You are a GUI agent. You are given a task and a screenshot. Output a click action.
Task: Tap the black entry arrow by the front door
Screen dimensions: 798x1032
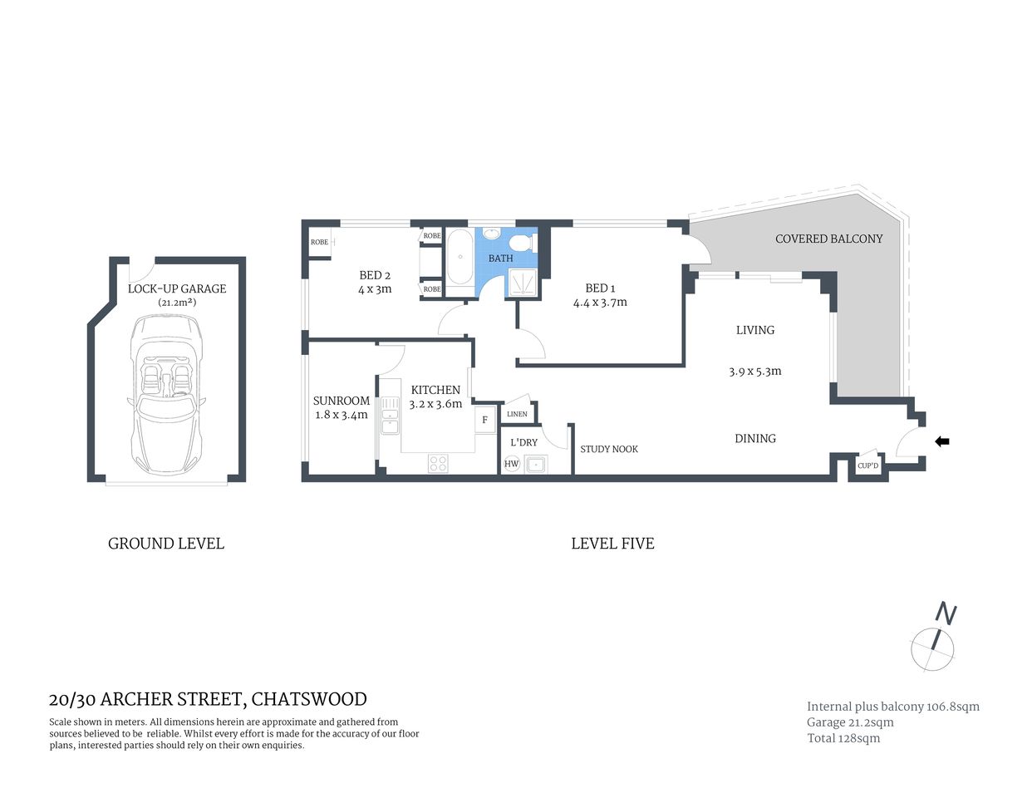pos(941,441)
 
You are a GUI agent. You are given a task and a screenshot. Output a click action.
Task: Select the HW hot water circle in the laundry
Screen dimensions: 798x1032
pos(511,464)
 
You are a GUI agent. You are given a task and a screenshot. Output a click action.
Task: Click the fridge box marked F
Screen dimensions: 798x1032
pos(485,420)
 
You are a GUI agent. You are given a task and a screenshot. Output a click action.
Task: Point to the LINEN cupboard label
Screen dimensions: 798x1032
pos(517,414)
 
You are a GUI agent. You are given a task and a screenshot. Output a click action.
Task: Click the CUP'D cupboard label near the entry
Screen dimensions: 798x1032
pos(867,465)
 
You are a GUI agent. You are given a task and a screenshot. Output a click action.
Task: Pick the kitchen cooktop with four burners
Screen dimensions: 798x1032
pos(438,463)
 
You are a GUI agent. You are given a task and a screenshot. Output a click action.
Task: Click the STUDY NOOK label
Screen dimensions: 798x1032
pos(609,449)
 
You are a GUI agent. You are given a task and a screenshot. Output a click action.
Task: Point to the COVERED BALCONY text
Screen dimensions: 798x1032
pos(828,239)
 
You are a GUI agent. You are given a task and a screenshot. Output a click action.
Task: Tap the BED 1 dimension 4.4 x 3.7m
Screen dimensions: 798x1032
pos(600,303)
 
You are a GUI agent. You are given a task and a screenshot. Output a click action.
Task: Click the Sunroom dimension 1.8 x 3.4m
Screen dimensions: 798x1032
pos(341,415)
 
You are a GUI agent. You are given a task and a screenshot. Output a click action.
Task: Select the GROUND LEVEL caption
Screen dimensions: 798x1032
pos(166,544)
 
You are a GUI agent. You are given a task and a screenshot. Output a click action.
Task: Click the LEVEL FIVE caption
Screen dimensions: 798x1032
pos(612,544)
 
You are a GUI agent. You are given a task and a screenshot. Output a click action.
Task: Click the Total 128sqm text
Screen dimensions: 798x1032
pos(843,738)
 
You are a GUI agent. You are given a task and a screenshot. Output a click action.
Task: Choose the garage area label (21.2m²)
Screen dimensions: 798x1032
pos(177,303)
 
